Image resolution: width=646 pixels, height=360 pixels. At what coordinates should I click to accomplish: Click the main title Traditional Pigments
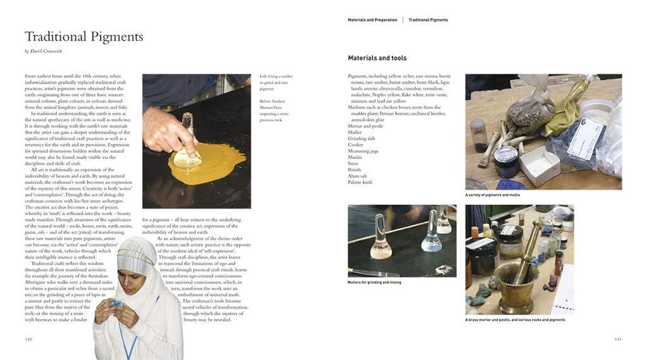[x=84, y=37]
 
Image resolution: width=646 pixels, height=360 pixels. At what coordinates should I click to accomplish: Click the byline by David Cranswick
[x=43, y=51]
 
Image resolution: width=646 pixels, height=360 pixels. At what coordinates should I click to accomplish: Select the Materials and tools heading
[x=377, y=58]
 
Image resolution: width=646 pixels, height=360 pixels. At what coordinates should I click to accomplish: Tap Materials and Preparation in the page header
[x=372, y=20]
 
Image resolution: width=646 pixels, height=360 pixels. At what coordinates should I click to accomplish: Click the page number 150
[x=28, y=338]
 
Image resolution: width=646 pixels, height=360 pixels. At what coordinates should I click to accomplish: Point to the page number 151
[x=617, y=338]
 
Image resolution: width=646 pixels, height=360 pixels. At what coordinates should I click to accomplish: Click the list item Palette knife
[x=360, y=183]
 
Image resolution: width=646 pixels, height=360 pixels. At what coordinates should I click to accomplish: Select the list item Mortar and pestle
[x=365, y=126]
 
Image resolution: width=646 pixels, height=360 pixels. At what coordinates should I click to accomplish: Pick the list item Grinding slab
[x=362, y=138]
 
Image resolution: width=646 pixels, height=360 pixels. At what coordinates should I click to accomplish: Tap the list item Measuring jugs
[x=364, y=151]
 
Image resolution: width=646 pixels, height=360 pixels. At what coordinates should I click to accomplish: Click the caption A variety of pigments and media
[x=492, y=195]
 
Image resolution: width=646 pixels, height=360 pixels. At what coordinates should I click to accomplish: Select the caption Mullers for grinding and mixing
[x=374, y=282]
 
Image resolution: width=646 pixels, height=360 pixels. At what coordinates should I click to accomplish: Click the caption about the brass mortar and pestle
[x=515, y=320]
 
